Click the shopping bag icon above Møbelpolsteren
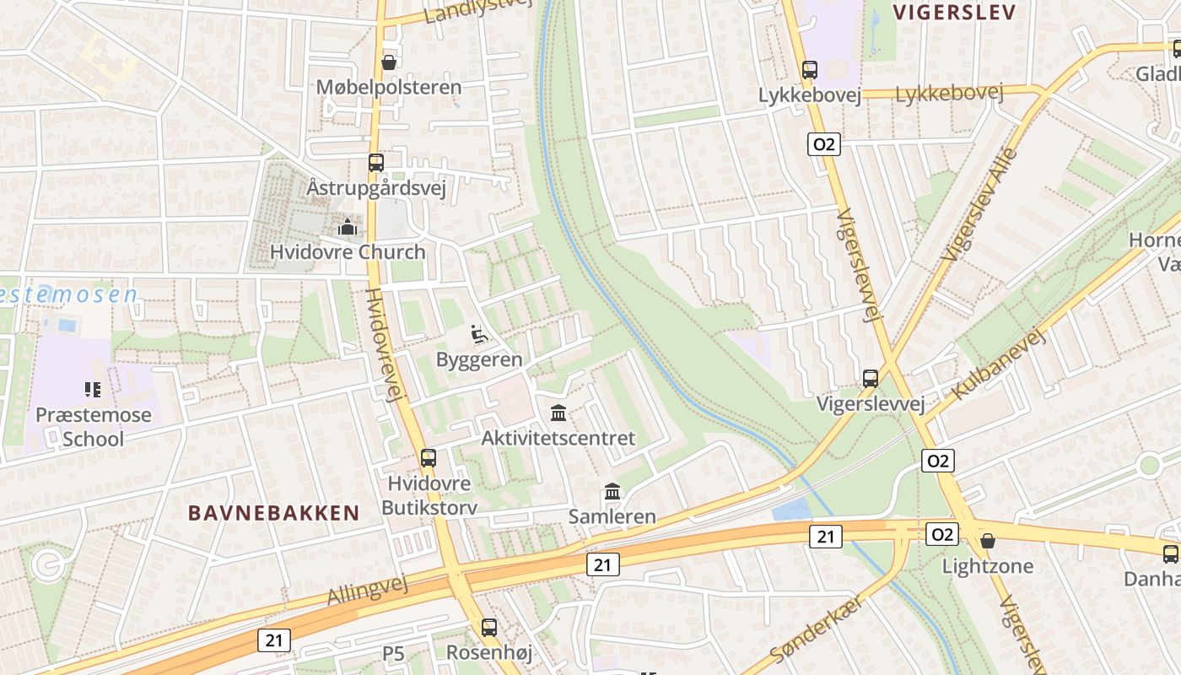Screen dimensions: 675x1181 [x=389, y=62]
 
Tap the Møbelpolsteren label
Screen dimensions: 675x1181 [x=389, y=87]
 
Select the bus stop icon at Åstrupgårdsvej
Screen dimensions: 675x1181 [x=376, y=163]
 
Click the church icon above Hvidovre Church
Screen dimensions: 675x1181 [x=347, y=227]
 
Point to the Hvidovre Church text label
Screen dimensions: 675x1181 [x=348, y=251]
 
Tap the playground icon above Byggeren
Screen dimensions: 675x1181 [x=479, y=334]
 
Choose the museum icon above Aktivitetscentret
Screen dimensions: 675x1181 [x=558, y=413]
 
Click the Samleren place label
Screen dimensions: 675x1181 [x=612, y=516]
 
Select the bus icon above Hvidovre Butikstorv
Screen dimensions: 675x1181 [x=429, y=458]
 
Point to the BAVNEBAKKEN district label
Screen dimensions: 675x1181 [x=274, y=513]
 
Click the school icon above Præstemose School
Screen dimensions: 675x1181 [x=94, y=390]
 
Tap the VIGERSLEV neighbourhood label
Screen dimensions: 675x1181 [x=952, y=12]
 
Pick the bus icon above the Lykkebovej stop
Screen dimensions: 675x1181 [x=810, y=70]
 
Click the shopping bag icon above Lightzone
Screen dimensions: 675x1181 [x=987, y=541]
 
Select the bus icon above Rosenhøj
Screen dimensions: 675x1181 [x=489, y=628]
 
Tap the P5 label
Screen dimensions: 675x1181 [x=394, y=653]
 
